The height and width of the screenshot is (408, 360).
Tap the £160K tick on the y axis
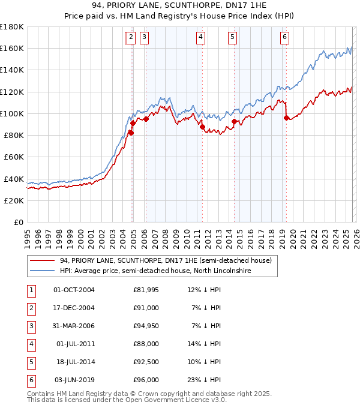(x=11, y=48)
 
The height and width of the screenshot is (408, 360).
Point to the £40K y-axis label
(x=13, y=179)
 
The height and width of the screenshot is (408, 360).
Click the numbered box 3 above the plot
(x=145, y=37)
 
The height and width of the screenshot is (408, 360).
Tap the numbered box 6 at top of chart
(x=284, y=37)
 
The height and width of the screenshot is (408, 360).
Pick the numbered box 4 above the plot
(x=200, y=37)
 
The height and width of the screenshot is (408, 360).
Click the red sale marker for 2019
(x=286, y=118)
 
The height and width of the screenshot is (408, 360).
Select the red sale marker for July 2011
(x=202, y=126)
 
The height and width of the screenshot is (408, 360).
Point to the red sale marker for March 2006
(x=146, y=119)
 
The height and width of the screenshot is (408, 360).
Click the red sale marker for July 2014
(x=234, y=121)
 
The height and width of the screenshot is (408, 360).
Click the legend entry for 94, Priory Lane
(x=166, y=260)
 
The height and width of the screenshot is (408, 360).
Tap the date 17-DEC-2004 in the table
(x=74, y=308)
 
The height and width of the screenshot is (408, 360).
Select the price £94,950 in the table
(x=146, y=326)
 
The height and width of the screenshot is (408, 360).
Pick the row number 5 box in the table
(x=30, y=362)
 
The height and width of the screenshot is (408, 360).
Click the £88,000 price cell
(x=146, y=344)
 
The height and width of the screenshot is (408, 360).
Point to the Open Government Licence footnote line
(x=127, y=400)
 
